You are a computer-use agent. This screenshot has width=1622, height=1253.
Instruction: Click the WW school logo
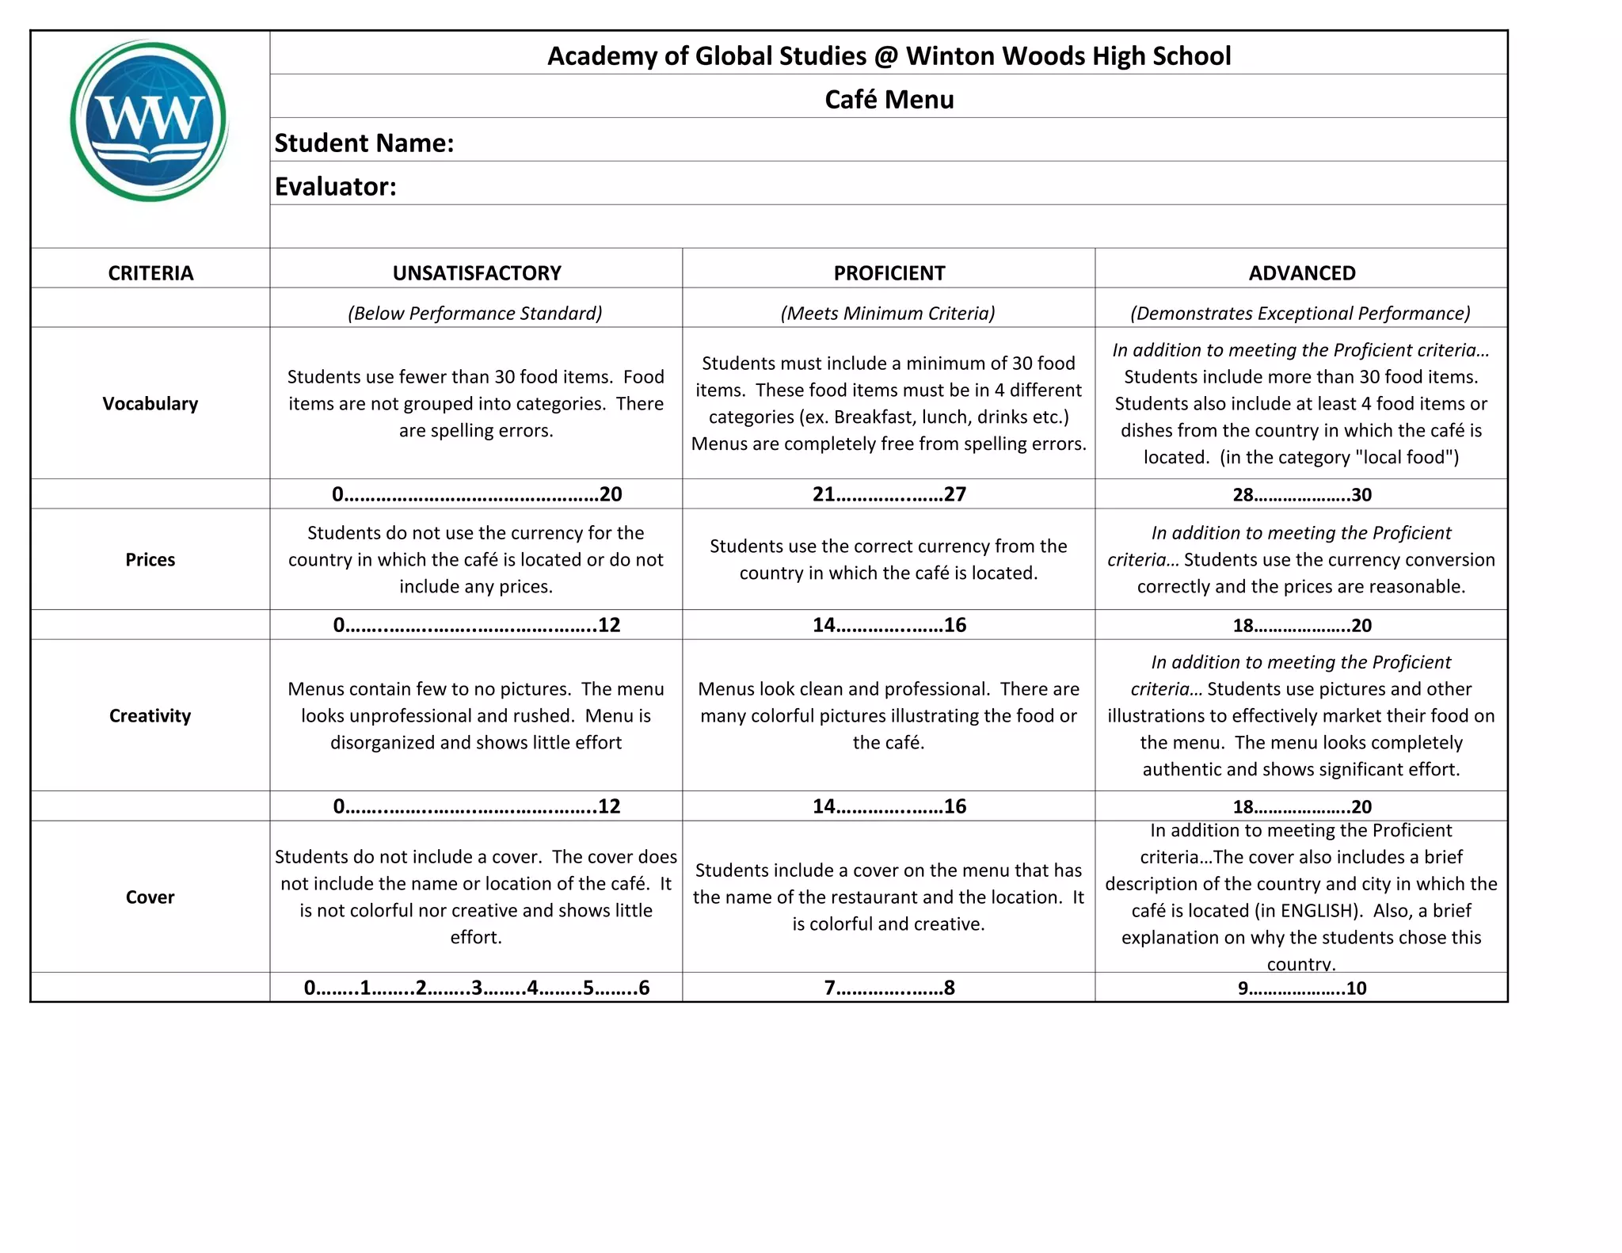coord(149,121)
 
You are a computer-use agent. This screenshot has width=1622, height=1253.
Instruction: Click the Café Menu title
coord(889,100)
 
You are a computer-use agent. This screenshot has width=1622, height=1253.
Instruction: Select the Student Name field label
coord(364,143)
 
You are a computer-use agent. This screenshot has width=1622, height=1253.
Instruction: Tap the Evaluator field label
coord(335,187)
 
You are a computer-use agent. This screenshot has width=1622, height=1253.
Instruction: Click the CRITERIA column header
coord(150,273)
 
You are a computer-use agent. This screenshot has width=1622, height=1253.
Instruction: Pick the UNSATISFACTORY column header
coord(477,273)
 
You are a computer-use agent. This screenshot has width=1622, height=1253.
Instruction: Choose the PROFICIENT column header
coord(889,273)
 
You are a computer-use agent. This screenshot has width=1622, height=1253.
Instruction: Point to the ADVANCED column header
coord(1301,273)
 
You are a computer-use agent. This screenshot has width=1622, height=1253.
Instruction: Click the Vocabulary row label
coord(150,404)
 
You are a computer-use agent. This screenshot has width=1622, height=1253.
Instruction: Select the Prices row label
coord(150,560)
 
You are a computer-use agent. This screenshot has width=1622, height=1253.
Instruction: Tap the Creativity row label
coord(150,716)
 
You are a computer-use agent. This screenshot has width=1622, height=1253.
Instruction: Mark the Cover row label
coord(150,897)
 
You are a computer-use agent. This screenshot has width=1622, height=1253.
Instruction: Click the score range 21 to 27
coord(889,494)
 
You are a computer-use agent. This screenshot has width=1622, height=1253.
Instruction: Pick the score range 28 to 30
coord(1301,495)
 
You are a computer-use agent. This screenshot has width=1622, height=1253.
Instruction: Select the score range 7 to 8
coord(889,988)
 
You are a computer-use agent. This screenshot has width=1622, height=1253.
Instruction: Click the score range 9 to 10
coord(1301,988)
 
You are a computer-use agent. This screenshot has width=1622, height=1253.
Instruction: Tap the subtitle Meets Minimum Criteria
coord(888,314)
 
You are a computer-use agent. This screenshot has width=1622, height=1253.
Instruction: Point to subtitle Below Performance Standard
coord(475,314)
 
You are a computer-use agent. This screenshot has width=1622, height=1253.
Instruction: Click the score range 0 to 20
coord(477,494)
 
